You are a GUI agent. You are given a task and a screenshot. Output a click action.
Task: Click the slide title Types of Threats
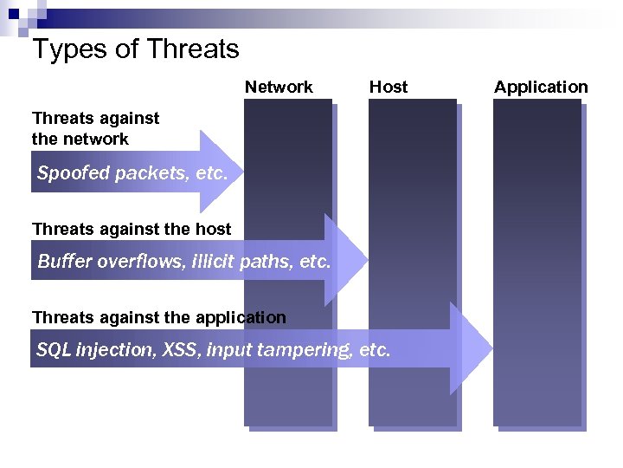tap(135, 49)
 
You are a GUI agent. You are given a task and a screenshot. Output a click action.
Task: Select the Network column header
tap(279, 87)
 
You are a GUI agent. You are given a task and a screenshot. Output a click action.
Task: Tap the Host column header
tap(389, 87)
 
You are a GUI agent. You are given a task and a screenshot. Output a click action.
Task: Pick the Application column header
tap(541, 87)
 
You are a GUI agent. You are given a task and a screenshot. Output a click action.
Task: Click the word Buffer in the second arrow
tap(62, 261)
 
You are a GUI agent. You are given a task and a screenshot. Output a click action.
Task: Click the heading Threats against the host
tap(132, 229)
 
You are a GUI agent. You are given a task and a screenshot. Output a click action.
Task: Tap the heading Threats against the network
tap(95, 128)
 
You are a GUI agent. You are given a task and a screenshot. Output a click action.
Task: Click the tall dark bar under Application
tap(537, 260)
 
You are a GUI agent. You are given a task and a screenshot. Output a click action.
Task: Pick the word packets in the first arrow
tap(152, 173)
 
